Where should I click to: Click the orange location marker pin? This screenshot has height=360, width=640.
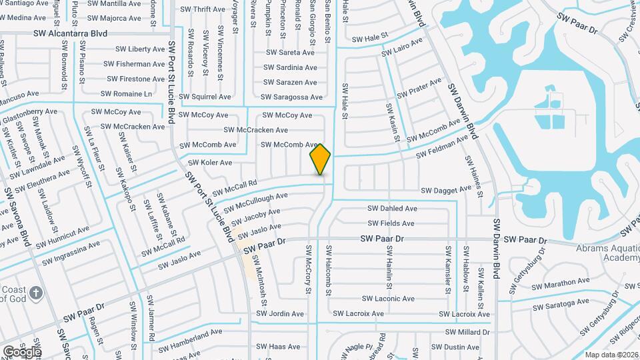pyautogui.click(x=321, y=159)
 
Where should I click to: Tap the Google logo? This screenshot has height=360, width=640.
pyautogui.click(x=22, y=351)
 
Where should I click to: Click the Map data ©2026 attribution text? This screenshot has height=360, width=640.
pyautogui.click(x=611, y=355)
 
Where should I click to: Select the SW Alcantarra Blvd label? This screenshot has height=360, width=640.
pyautogui.click(x=70, y=33)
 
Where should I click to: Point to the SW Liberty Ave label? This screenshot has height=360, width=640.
pyautogui.click(x=141, y=49)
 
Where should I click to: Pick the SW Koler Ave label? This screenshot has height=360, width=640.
pyautogui.click(x=210, y=163)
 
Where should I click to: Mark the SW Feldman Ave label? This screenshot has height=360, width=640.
pyautogui.click(x=443, y=147)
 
